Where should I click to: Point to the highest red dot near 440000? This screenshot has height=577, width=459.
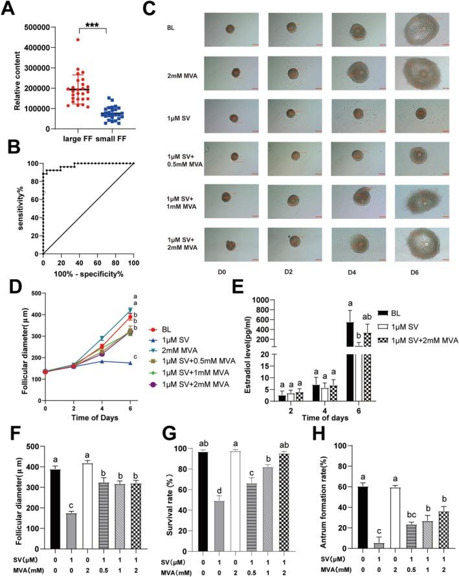tap(78, 40)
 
